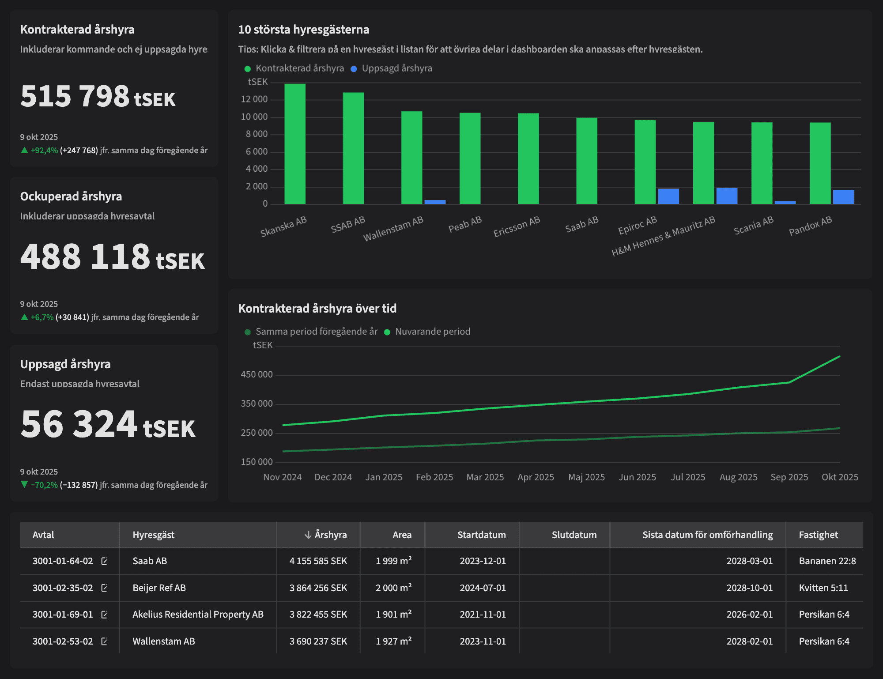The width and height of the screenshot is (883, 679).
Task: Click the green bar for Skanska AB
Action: coord(295,144)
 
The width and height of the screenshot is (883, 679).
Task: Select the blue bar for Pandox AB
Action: coord(843,197)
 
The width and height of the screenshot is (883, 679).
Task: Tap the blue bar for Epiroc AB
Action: coord(668,196)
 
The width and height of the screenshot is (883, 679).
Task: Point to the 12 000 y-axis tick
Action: coord(254,99)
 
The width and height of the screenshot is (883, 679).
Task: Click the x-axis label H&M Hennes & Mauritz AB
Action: coord(663,236)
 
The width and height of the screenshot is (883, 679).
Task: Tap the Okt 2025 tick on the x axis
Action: coord(839,477)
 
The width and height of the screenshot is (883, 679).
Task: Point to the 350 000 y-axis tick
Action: coord(257,404)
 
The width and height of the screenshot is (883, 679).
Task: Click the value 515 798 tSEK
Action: coord(98,96)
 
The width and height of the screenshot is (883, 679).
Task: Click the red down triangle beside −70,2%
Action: coord(24,485)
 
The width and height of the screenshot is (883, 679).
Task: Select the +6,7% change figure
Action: coord(42,317)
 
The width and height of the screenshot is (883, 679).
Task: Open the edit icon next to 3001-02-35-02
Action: coord(104,588)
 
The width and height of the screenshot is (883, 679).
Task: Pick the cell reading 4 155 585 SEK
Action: coord(318,561)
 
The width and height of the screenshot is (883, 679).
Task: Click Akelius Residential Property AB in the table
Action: coord(198,615)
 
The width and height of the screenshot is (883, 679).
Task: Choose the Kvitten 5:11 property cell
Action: coord(823,588)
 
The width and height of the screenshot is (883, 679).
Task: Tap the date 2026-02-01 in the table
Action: coord(749,615)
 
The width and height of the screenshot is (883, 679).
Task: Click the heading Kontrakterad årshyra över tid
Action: coord(317,308)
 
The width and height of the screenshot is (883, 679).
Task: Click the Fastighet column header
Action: coord(818,535)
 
